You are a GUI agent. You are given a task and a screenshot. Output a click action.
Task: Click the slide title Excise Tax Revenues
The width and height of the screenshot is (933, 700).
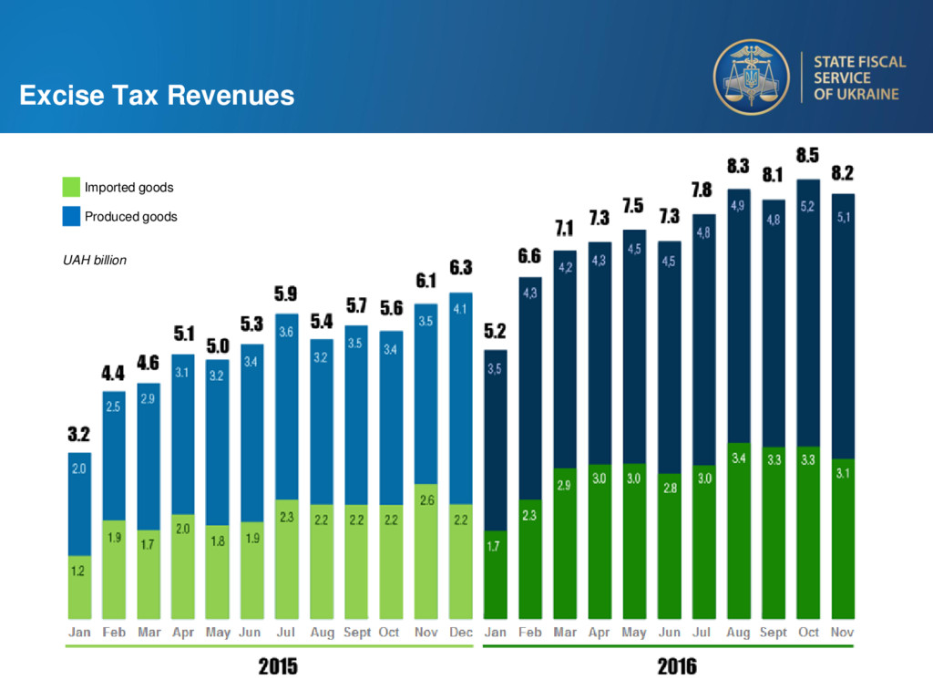coord(157,95)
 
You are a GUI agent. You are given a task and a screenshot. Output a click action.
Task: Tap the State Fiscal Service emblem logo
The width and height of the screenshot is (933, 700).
coord(751,77)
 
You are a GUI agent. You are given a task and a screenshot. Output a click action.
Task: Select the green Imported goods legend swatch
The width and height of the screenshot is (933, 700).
coord(72,188)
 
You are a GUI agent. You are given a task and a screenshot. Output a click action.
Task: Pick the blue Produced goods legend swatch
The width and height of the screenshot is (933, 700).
coord(72,217)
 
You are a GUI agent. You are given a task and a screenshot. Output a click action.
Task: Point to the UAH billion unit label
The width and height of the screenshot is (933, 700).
coord(95,261)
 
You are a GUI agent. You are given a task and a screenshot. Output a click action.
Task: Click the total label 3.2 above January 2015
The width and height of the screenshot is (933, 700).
coord(79,434)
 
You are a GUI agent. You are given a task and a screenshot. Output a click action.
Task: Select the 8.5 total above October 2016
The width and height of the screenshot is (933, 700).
coord(807,156)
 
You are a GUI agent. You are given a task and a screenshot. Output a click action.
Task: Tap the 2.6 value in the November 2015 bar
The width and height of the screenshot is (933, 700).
coord(426,500)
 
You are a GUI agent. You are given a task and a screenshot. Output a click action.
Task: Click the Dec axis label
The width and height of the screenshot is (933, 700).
coord(461,632)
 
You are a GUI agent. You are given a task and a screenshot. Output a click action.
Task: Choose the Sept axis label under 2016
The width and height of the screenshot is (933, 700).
coord(773,632)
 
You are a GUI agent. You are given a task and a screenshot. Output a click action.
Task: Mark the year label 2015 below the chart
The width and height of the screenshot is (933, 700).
coord(278,667)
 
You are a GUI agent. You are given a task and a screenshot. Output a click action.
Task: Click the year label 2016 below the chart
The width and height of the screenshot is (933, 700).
coord(677,667)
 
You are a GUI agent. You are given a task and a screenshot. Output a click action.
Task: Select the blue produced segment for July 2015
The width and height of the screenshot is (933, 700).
coord(286,410)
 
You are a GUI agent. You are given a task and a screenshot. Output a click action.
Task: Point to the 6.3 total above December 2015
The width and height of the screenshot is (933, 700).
coord(461,268)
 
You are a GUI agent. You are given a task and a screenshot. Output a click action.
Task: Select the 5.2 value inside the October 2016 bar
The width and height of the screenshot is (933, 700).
coord(807,207)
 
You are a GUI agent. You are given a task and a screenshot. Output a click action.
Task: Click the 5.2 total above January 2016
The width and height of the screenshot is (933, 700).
coord(496,330)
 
